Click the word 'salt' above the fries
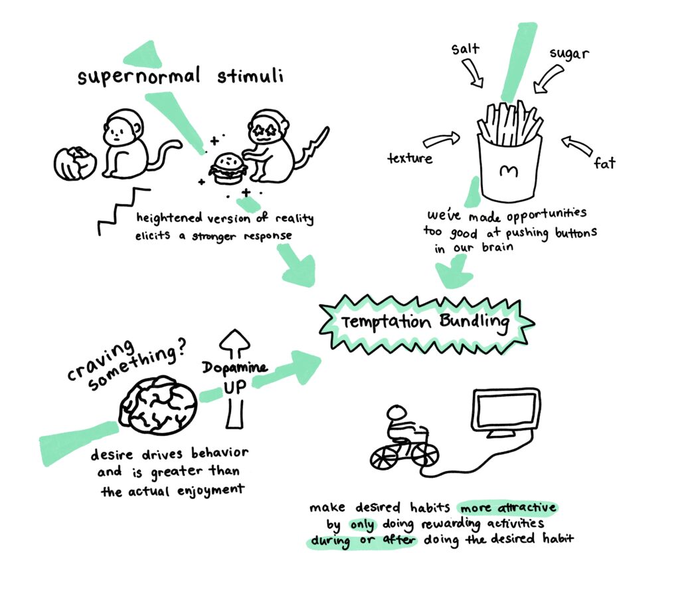[466, 49]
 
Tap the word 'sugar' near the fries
[569, 54]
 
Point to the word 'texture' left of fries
[410, 158]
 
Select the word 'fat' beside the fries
[604, 163]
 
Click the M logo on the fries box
[508, 171]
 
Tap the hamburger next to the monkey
[228, 169]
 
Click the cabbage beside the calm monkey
[75, 163]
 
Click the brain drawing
[158, 406]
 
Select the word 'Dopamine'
[234, 368]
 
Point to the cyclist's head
[397, 413]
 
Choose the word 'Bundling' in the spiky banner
[474, 322]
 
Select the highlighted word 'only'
[362, 525]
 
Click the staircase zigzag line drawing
[123, 211]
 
